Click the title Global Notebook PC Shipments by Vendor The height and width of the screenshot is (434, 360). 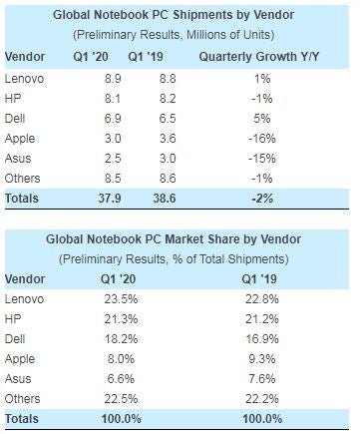click(180, 15)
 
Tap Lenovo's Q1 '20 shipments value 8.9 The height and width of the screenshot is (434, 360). click(114, 78)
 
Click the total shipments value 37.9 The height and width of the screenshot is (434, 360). click(114, 199)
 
